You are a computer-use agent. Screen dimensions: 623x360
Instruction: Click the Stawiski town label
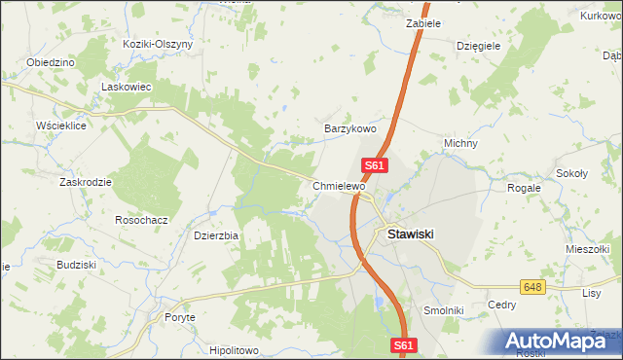410,234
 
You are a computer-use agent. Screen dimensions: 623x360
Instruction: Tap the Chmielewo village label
339,185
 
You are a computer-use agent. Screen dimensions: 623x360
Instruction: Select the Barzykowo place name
349,127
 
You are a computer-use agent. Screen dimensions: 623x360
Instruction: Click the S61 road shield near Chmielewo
377,166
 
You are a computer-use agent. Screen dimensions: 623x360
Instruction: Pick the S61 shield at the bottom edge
406,345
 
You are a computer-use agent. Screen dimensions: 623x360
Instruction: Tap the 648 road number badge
531,287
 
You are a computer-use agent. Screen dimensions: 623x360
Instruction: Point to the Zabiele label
424,22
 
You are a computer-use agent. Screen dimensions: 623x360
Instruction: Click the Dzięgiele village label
478,45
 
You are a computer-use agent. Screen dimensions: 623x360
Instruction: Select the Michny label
460,143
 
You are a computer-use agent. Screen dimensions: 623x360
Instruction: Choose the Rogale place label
524,188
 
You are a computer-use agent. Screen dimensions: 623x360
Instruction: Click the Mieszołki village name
587,249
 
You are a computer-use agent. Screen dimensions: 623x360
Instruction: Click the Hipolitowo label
233,350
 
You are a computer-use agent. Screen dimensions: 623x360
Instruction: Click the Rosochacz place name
142,220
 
